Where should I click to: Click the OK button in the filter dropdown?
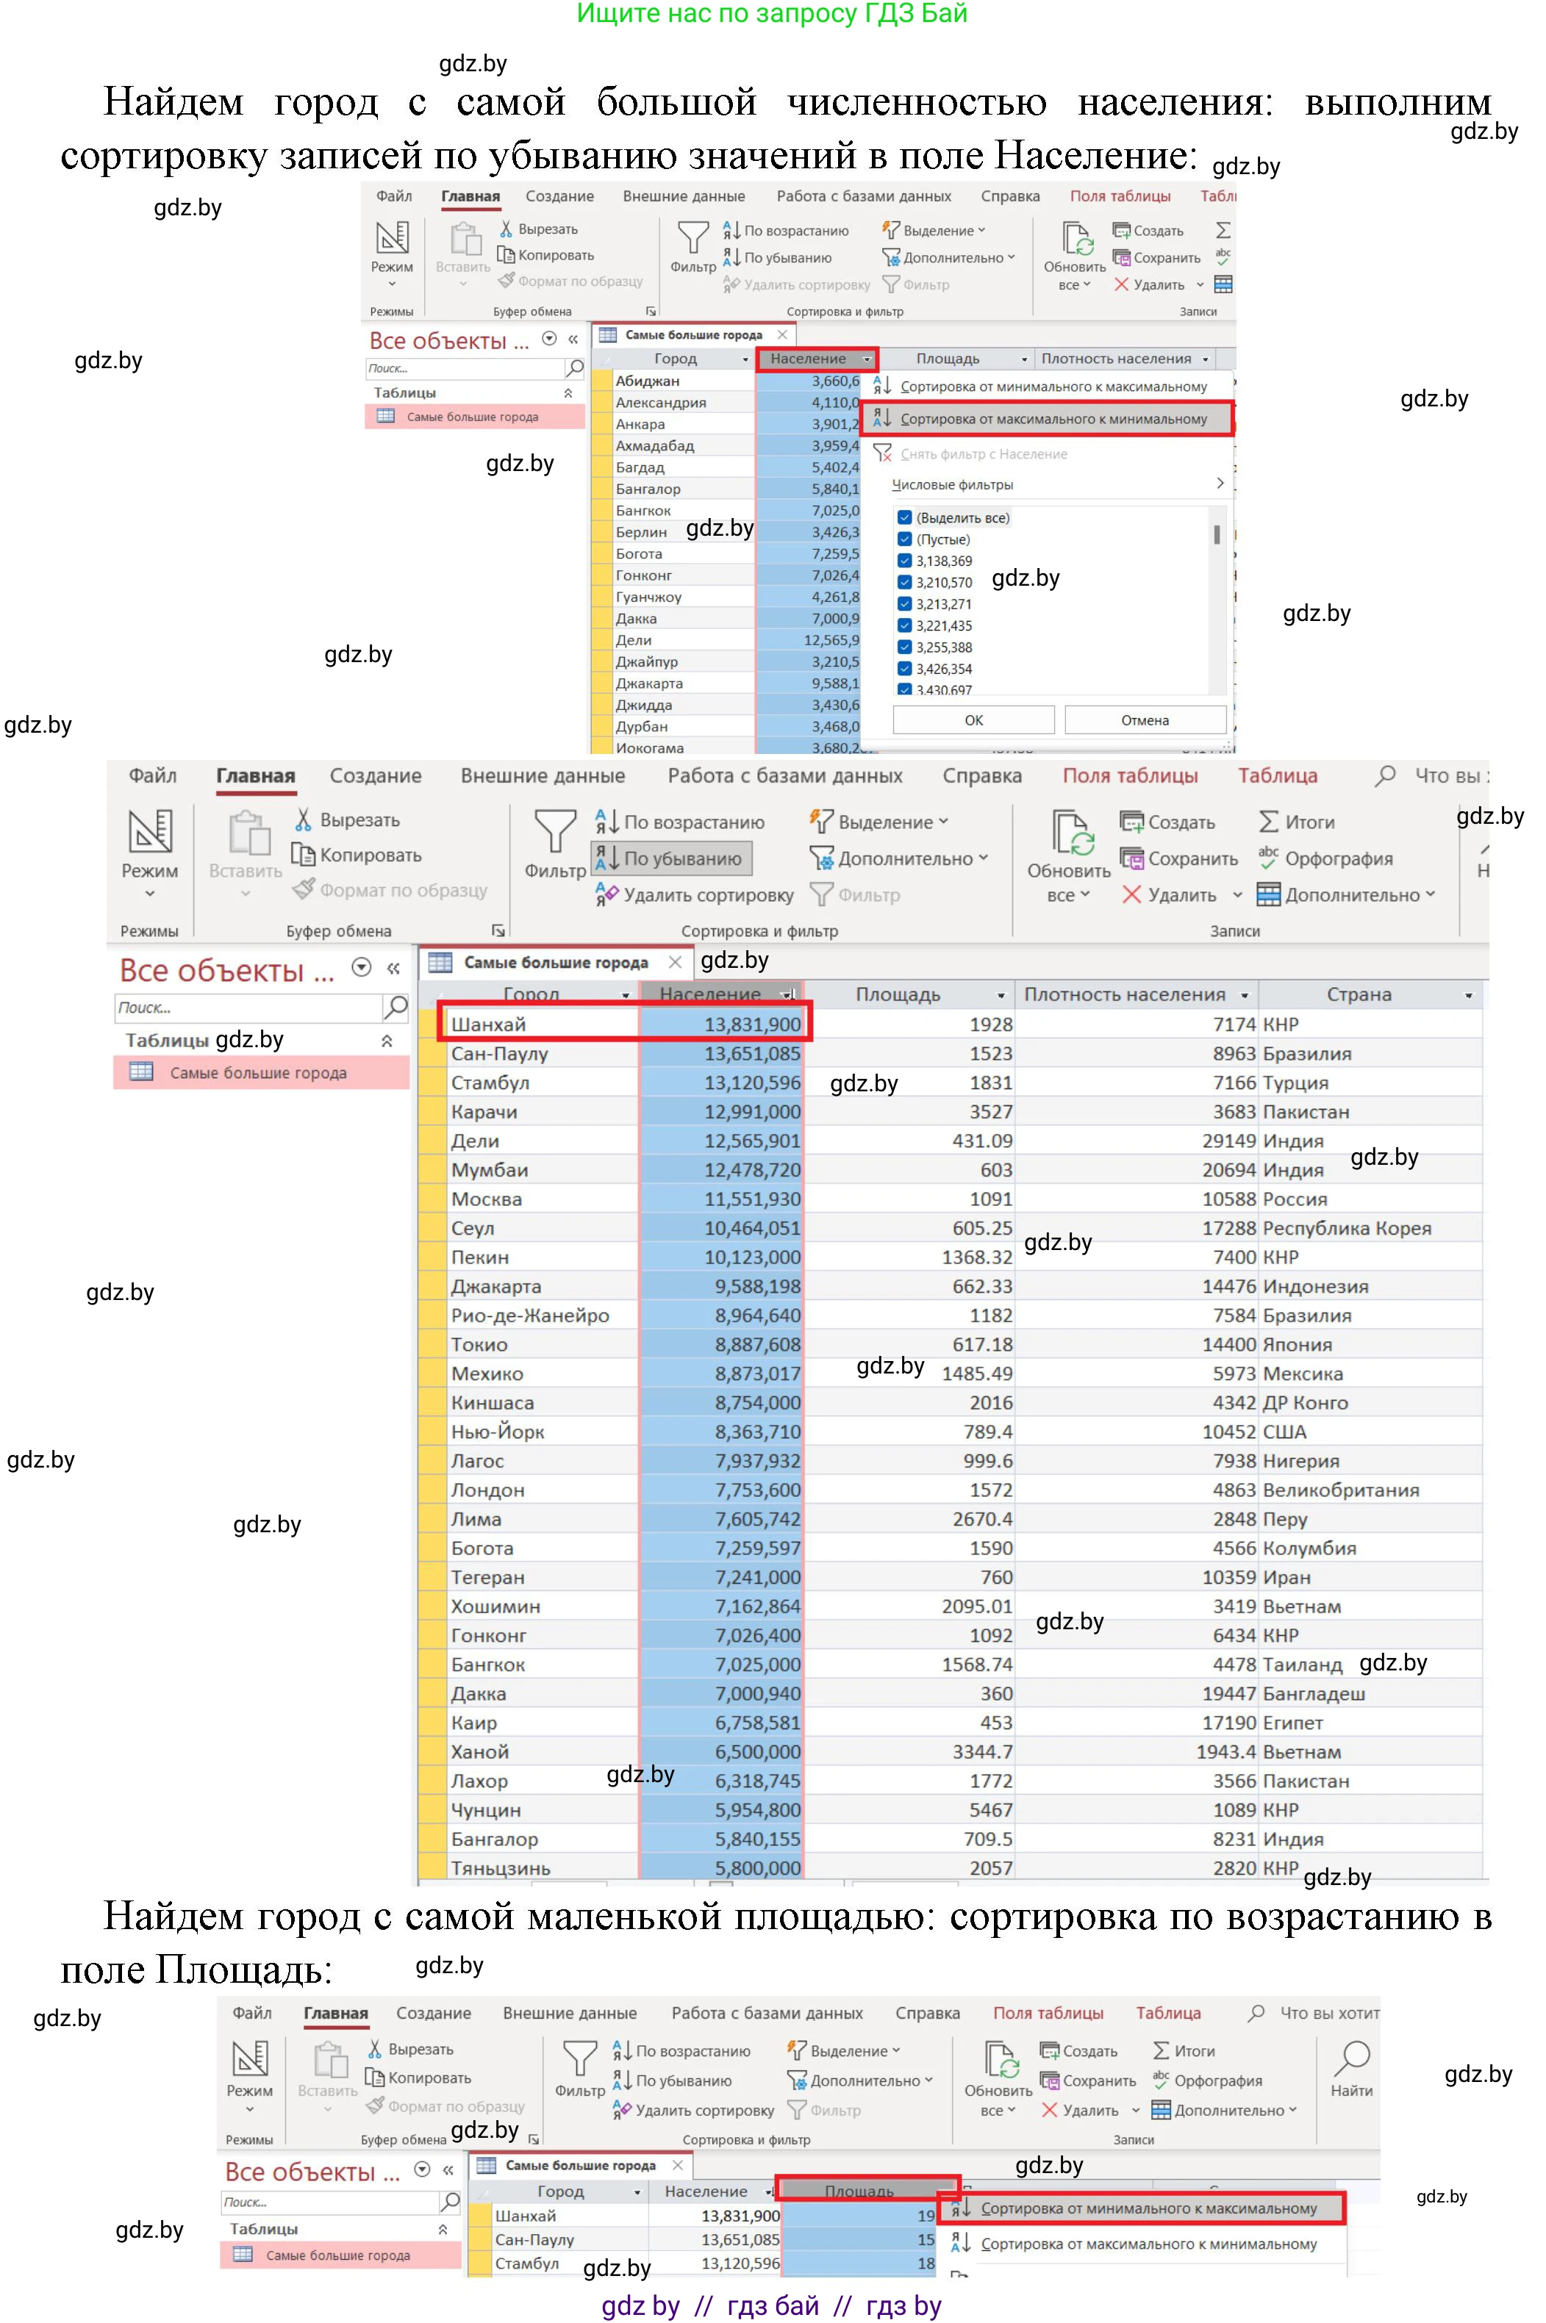[973, 719]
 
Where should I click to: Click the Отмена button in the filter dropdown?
[1145, 719]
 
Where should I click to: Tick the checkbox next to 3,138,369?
[904, 561]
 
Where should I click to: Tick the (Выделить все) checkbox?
[904, 517]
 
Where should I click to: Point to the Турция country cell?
[1295, 1082]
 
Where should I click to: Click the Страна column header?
[1359, 994]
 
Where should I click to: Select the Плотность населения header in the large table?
[1124, 994]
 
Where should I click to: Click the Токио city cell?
[479, 1344]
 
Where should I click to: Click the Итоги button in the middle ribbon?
[1297, 822]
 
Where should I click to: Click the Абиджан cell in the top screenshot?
[647, 381]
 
